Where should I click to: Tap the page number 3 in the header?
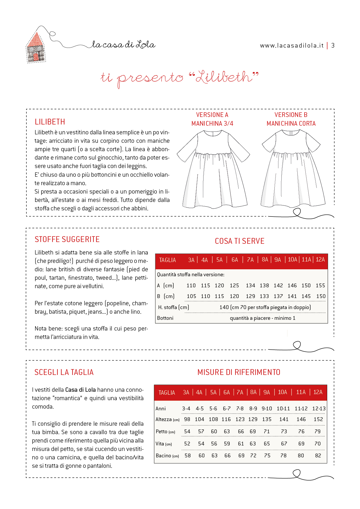pos(333,46)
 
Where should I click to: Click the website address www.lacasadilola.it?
pos(291,46)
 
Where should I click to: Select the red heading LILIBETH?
pos(50,122)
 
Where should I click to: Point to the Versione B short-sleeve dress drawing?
pos(292,168)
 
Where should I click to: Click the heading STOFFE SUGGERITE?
pos(67,239)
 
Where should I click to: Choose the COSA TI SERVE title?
pos(240,241)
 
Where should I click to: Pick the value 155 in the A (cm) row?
pos(320,286)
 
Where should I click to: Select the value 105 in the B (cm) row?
pos(191,296)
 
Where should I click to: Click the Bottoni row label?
pos(165,318)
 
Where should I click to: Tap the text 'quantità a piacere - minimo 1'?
pos(262,318)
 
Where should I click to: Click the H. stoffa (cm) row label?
pos(173,307)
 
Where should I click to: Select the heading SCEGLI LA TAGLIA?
pos(64,372)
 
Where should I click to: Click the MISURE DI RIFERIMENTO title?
pos(239,372)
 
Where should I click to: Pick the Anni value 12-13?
pos(319,409)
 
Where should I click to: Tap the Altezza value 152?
pos(318,419)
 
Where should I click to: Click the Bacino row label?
pos(163,456)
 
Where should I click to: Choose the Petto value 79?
pos(318,432)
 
